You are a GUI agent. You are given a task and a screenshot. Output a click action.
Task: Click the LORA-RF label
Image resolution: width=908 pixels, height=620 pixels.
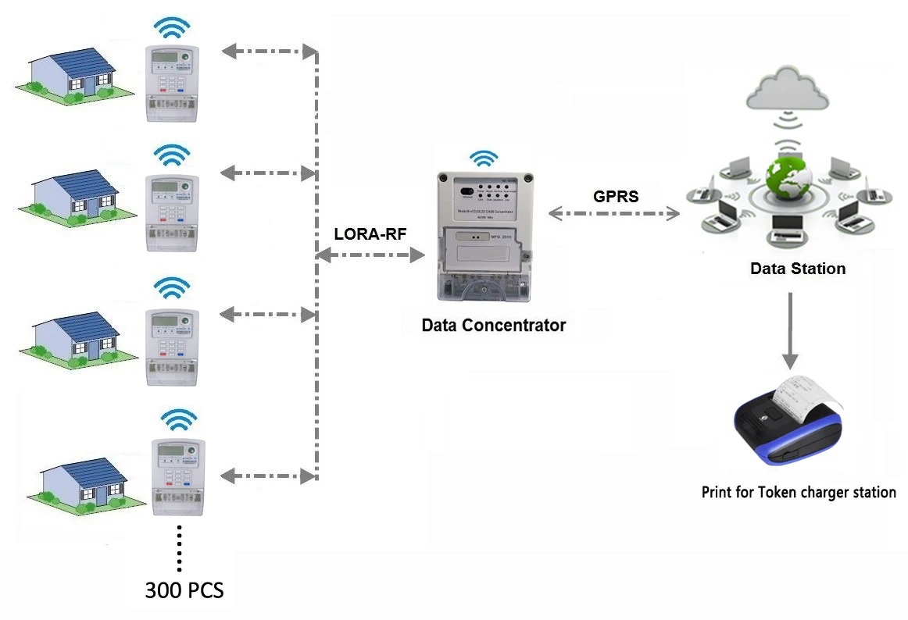click(370, 233)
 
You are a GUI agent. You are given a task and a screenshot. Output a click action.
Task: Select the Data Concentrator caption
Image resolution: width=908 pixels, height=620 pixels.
click(493, 325)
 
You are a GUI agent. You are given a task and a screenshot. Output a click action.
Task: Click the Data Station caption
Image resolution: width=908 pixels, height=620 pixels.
click(797, 269)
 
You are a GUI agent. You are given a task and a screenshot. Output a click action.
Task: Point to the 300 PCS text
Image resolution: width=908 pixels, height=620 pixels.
click(184, 590)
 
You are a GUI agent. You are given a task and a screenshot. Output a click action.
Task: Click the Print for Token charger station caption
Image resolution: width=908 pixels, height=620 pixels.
click(798, 492)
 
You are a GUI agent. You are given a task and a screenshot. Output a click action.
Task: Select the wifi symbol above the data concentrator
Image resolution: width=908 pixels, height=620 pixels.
click(484, 159)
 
